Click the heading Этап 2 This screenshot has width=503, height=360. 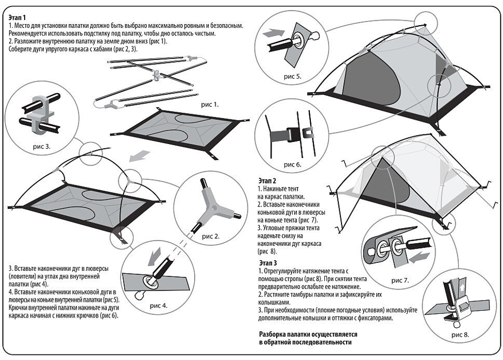[267, 180]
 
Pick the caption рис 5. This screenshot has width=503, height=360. [293, 77]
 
